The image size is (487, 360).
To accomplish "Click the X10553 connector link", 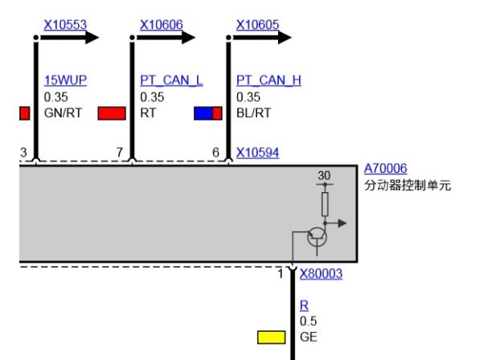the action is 65,25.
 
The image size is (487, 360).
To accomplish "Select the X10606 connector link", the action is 162,25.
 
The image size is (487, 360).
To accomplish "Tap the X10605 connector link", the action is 258,25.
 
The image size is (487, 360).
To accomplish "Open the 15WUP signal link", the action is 65,80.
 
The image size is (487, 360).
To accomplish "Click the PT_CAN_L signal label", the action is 171,80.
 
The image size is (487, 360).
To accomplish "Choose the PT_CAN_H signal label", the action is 268,80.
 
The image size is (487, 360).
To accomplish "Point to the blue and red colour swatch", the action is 208,113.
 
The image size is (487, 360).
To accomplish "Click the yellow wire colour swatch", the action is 272,337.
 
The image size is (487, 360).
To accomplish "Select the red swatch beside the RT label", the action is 112,113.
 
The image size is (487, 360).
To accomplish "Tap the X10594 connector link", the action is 258,153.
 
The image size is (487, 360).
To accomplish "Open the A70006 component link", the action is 386,169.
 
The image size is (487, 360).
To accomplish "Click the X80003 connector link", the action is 321,274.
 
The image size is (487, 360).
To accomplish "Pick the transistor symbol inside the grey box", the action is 317,238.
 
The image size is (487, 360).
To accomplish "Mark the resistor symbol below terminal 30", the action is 325,204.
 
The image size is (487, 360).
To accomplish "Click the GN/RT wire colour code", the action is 63,112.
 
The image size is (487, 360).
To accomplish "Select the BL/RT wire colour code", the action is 254,112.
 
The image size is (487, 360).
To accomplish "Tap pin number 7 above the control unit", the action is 120,152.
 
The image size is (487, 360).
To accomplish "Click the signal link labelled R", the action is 305,305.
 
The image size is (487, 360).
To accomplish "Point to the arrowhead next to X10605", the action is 284,38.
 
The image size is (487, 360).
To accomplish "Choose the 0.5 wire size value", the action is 309,321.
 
